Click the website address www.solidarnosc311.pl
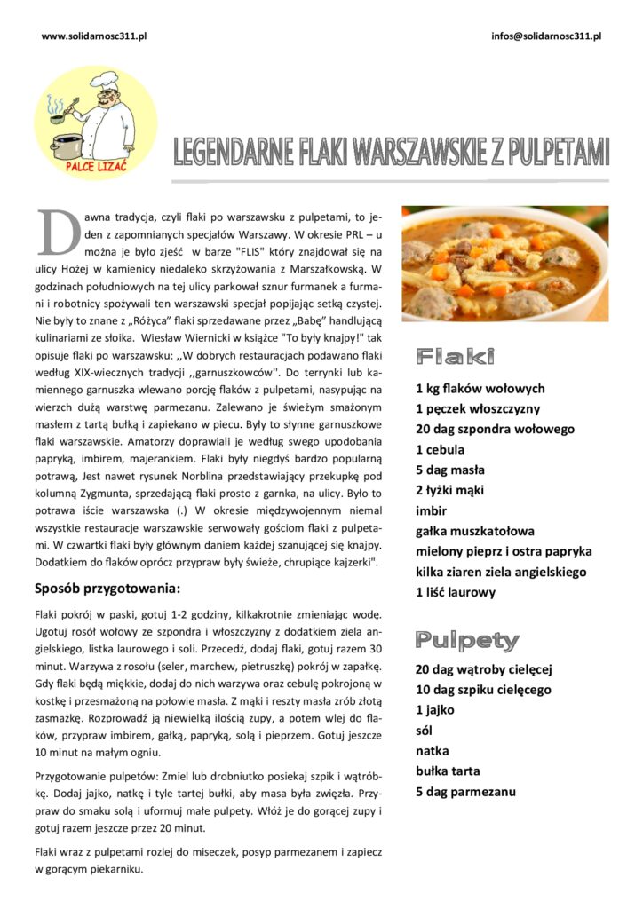tap(93, 36)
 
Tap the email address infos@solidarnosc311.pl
tap(546, 36)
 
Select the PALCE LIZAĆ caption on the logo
tap(97, 165)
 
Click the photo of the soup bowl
tap(504, 264)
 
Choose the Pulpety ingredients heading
tap(467, 640)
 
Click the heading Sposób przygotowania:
tap(107, 588)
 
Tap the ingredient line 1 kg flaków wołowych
tap(480, 389)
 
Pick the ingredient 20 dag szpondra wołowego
tap(495, 430)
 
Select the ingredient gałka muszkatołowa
tap(475, 532)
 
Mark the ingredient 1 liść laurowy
tap(456, 592)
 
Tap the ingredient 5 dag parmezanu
tap(465, 792)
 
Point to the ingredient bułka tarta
tap(449, 771)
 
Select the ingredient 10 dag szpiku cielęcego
tap(483, 690)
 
